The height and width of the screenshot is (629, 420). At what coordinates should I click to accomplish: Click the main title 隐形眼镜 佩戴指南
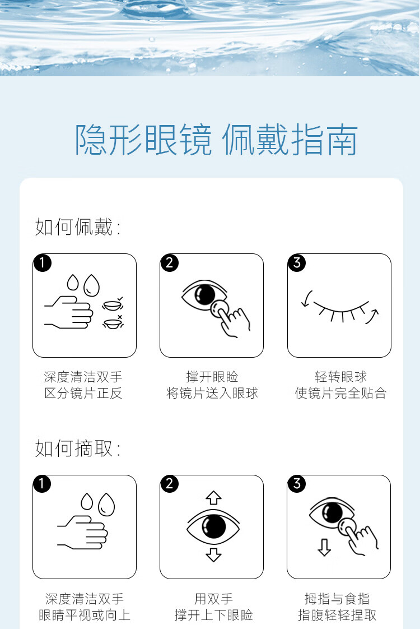pos(216,140)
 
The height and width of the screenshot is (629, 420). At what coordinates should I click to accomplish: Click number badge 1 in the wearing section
pos(43,263)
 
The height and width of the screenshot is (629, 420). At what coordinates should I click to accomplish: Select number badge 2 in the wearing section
pos(170,263)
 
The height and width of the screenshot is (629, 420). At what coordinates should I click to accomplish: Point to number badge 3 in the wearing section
pos(297,263)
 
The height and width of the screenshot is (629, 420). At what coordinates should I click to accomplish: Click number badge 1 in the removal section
pos(43,484)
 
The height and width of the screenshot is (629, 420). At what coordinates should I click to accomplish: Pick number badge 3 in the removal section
pos(297,484)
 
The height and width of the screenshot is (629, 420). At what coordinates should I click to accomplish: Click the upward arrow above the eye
pos(213,497)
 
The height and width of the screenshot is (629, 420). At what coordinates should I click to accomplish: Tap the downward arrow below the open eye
pos(213,555)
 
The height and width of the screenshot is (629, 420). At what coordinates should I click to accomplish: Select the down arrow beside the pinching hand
pos(324,547)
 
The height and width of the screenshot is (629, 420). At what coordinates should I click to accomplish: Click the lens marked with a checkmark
pos(112,304)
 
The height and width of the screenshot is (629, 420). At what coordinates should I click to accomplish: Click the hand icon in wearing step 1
pos(68,312)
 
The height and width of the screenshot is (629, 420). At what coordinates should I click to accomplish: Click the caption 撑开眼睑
pos(212,377)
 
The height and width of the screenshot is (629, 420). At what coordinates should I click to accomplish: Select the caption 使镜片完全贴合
pos(340,393)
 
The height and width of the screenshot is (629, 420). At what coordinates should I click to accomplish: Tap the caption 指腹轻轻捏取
pos(337,615)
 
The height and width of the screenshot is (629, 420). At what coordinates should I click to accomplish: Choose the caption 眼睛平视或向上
pos(84,615)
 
